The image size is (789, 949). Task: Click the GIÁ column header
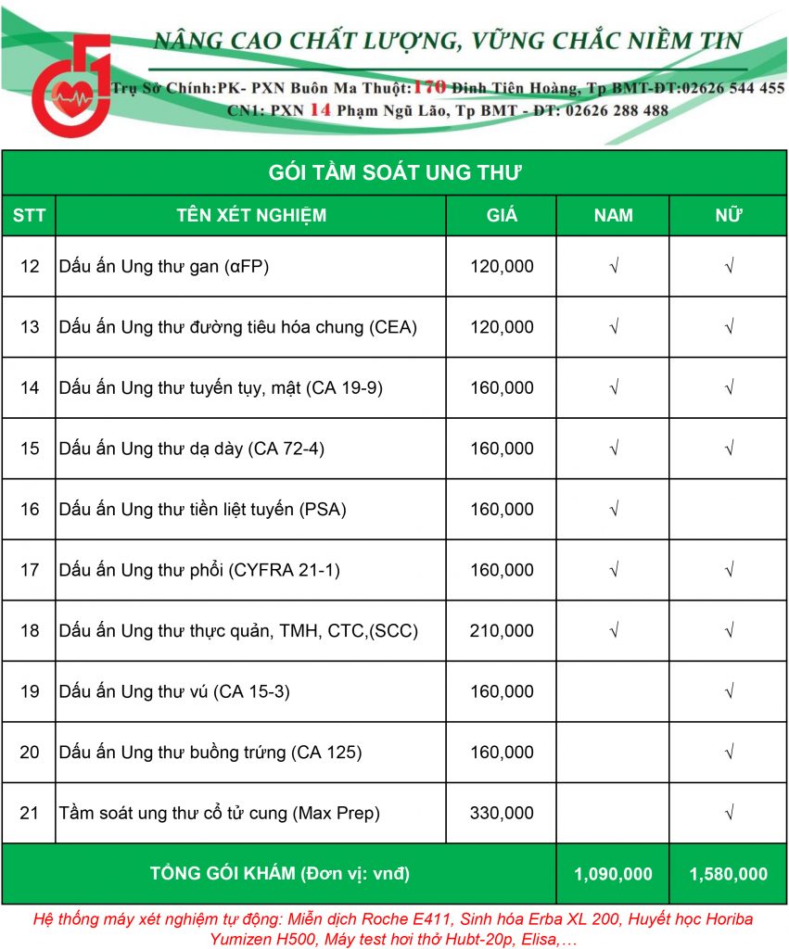pyautogui.click(x=502, y=216)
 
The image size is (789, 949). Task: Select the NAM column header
pyautogui.click(x=613, y=216)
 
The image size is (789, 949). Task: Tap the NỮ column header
pyautogui.click(x=729, y=216)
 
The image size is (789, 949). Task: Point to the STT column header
pyautogui.click(x=29, y=216)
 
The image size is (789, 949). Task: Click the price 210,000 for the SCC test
pyautogui.click(x=502, y=631)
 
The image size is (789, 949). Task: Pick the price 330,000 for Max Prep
pyautogui.click(x=502, y=813)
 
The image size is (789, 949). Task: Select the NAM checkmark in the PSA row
pyautogui.click(x=613, y=509)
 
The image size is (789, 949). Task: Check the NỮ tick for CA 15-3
pyautogui.click(x=729, y=691)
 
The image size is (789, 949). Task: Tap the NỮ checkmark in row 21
pyautogui.click(x=729, y=813)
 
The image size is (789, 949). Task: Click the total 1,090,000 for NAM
pyautogui.click(x=613, y=874)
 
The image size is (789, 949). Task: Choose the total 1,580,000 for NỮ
pyautogui.click(x=729, y=874)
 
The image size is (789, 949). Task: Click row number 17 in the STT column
pyautogui.click(x=30, y=570)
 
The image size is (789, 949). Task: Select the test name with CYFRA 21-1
pyautogui.click(x=199, y=570)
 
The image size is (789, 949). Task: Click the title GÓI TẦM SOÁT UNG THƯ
pyautogui.click(x=395, y=172)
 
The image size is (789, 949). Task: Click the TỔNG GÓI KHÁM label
pyautogui.click(x=279, y=874)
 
